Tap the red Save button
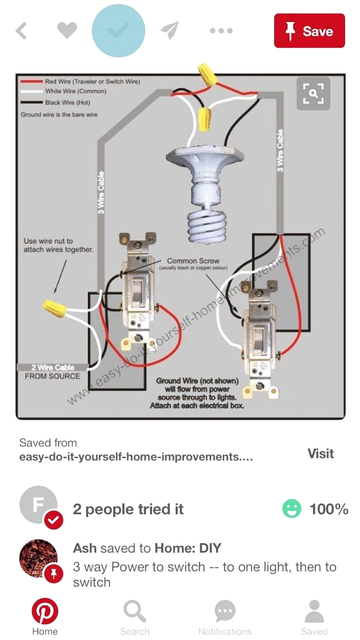point(309,31)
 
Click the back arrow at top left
point(21,31)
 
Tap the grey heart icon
point(67,31)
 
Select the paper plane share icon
point(170,31)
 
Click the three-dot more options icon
point(221,31)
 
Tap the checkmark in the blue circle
point(118,31)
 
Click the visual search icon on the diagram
point(313,94)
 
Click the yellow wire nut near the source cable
point(55,308)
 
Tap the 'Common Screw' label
point(193,261)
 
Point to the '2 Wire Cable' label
point(52,368)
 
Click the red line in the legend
point(31,82)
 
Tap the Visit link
point(320,454)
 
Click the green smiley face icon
point(292,509)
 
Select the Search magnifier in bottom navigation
point(135,612)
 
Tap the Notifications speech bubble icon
point(225,612)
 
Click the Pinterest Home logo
point(45,612)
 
